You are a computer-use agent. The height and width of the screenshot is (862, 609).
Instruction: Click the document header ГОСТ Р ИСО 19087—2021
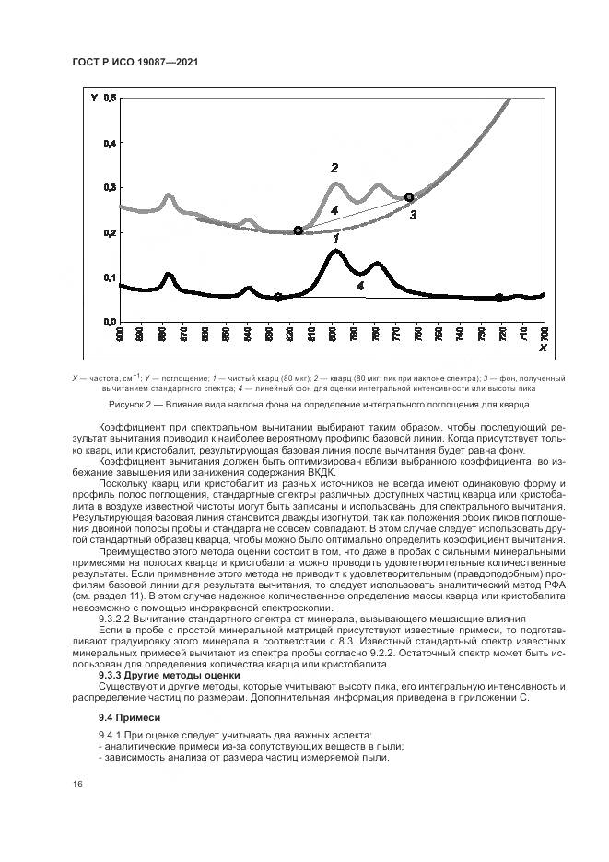[x=135, y=62]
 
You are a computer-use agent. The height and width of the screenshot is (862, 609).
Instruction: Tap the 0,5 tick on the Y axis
[x=111, y=98]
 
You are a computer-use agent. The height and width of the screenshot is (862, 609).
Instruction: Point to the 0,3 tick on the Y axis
[x=111, y=187]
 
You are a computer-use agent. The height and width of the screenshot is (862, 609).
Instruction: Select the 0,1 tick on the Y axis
[x=111, y=277]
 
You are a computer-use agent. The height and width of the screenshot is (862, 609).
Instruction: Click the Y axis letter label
[x=94, y=98]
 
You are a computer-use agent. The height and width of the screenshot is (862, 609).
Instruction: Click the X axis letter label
[x=543, y=348]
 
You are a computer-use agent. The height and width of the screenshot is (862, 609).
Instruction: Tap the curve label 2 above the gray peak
[x=334, y=168]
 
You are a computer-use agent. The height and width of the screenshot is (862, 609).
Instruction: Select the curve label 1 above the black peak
[x=336, y=239]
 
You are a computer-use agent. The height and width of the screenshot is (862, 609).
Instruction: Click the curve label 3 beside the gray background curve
[x=414, y=215]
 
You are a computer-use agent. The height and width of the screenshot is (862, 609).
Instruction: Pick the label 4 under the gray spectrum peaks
[x=334, y=211]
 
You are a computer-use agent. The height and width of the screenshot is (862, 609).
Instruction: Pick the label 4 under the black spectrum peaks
[x=360, y=287]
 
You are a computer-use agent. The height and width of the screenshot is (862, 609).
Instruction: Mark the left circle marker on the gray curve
[x=298, y=230]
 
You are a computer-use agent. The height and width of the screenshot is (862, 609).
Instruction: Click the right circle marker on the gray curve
[x=409, y=197]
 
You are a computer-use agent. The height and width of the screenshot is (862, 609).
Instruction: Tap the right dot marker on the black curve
[x=498, y=298]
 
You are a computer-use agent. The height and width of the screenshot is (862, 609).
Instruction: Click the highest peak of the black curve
[x=334, y=251]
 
